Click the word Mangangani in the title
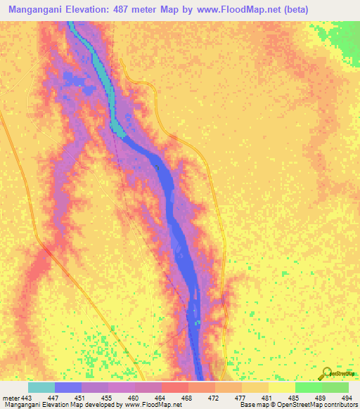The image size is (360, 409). [34, 9]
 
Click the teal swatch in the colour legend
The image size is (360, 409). [41, 387]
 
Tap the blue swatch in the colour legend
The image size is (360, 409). [68, 387]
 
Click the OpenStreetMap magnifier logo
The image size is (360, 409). [328, 373]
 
